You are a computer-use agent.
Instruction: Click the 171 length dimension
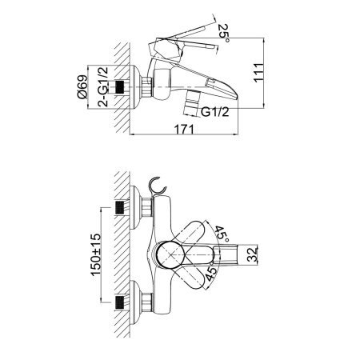click(x=184, y=130)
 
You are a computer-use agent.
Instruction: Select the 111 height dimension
click(x=258, y=73)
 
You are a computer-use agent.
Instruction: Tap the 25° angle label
click(x=223, y=33)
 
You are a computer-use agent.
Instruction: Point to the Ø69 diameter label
click(x=82, y=86)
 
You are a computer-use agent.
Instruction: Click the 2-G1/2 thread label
click(x=102, y=86)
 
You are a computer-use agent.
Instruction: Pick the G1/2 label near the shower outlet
click(x=215, y=112)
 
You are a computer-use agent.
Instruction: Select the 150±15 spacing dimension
click(x=96, y=254)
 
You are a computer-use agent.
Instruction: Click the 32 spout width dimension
click(x=252, y=254)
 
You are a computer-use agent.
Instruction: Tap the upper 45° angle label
click(x=222, y=234)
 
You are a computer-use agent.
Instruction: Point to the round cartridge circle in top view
click(x=170, y=255)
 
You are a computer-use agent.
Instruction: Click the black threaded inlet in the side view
click(x=120, y=87)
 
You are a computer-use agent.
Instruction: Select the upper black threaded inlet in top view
click(x=120, y=208)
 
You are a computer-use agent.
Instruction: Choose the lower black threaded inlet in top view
click(x=120, y=302)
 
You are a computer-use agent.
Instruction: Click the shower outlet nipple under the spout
click(x=192, y=102)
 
